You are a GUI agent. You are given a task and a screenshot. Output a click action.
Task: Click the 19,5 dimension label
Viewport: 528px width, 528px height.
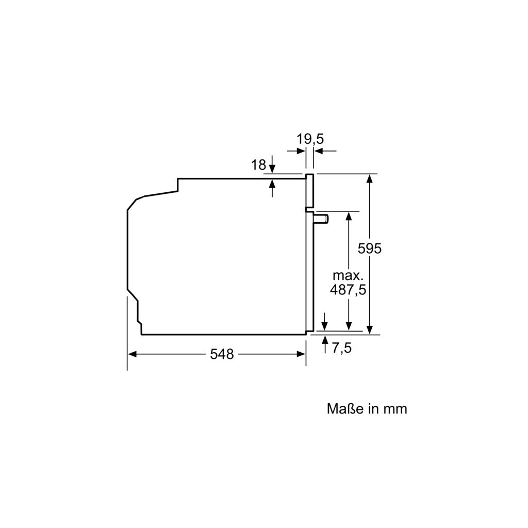310,139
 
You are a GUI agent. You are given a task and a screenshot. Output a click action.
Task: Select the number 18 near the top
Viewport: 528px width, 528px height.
259,165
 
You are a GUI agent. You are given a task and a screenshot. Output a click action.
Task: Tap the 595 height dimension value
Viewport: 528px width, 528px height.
370,249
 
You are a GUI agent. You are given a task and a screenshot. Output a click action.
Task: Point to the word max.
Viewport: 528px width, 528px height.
348,275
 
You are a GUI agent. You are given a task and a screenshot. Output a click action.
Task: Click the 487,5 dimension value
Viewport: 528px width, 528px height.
348,290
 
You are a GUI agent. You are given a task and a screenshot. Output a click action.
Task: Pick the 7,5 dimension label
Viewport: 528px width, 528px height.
341,348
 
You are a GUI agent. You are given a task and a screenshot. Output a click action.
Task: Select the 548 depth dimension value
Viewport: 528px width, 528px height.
222,354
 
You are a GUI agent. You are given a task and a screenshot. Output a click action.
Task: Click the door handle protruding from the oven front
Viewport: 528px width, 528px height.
322,219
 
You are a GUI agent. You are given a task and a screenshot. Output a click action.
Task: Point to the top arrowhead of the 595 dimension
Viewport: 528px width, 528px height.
370,178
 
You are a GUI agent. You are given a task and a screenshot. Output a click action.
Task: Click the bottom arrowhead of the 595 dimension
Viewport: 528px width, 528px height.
370,330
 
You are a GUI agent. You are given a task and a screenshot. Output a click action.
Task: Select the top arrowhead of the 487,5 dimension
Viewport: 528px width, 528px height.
349,216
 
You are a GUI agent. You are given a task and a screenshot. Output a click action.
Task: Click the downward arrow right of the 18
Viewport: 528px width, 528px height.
272,169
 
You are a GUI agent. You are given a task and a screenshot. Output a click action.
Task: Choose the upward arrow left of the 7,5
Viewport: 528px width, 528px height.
325,341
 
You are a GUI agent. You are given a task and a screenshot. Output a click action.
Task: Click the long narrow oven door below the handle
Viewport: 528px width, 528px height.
309,273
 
